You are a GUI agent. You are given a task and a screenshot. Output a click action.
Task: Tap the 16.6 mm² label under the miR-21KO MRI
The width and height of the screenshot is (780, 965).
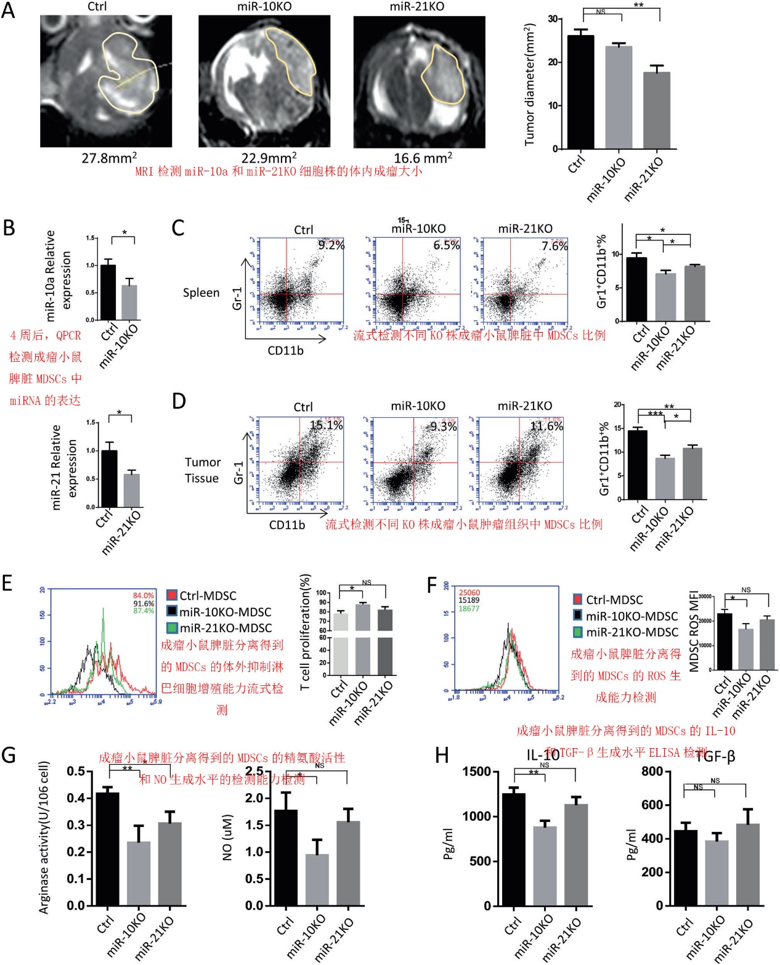[423, 158]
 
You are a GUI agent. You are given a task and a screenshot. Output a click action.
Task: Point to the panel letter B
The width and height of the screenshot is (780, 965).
[9, 228]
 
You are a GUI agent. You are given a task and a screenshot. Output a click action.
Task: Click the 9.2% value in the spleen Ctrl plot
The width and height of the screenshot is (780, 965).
[331, 245]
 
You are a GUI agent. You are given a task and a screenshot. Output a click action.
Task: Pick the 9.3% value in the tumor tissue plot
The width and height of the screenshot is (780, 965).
[443, 426]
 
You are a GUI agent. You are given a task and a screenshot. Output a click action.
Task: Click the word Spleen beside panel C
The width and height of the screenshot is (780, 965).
[201, 293]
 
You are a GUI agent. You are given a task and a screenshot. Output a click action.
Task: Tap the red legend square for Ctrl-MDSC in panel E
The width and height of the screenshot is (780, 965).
[172, 595]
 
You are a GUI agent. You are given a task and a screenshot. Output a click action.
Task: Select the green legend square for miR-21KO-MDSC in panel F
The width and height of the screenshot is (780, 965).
[578, 632]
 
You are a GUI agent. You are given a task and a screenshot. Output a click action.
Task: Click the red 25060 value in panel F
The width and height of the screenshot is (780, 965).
[469, 593]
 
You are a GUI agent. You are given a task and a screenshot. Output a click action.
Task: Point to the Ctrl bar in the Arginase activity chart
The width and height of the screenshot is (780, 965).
[107, 849]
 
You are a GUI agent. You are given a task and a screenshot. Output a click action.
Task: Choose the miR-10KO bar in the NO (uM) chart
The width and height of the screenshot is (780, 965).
[317, 879]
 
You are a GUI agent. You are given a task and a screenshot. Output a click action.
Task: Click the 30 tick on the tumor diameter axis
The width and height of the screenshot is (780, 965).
[553, 19]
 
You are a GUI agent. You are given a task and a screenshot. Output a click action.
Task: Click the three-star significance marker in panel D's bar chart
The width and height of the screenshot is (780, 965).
[655, 414]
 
